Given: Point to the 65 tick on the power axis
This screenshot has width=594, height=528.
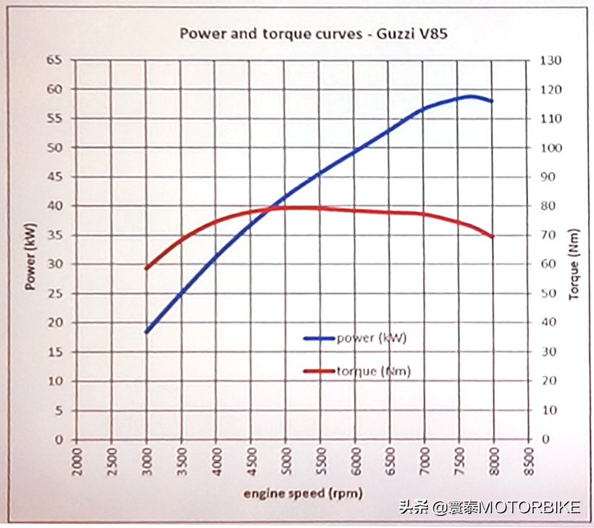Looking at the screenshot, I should click(x=55, y=60).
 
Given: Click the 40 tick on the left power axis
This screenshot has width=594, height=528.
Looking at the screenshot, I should click(x=55, y=206).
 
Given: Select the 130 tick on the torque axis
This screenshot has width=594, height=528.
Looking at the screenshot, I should click(x=552, y=60).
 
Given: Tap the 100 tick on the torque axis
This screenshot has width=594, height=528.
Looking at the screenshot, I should click(x=552, y=148).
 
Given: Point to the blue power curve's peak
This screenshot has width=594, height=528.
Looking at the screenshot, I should click(x=470, y=96).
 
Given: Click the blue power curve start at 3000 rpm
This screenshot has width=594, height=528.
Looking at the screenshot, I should click(x=146, y=332).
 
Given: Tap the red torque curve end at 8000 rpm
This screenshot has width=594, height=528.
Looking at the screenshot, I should click(x=492, y=236).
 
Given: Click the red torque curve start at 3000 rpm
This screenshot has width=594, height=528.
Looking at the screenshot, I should click(x=146, y=268).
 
